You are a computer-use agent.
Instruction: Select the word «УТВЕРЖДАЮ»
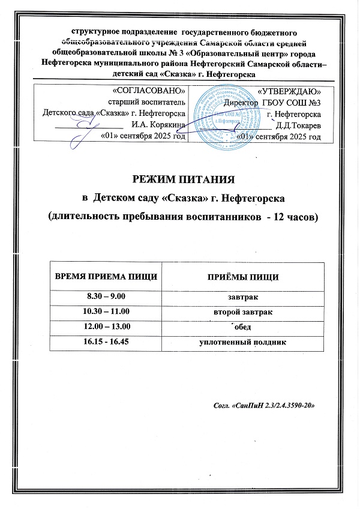click(289, 91)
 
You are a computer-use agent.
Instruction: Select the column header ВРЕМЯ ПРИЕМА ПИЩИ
click(107, 277)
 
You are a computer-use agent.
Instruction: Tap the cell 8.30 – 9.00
click(107, 298)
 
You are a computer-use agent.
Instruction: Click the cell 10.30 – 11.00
click(107, 313)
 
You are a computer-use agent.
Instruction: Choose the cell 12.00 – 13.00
click(107, 327)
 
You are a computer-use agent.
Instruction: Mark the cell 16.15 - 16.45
click(107, 342)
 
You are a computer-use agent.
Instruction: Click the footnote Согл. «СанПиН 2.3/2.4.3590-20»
click(264, 405)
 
